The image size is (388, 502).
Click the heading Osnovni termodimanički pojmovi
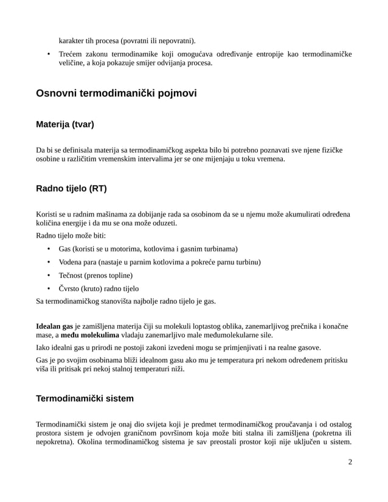[x=116, y=94]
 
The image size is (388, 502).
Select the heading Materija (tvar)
[x=65, y=125]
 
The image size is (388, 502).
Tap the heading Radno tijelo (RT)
[x=71, y=188]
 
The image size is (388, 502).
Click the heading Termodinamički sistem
[x=85, y=399]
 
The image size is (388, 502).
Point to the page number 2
[x=350, y=462]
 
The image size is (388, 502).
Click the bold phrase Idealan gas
[x=55, y=326]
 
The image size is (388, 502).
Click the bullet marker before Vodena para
[x=49, y=263]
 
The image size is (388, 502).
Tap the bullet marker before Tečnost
[x=49, y=275]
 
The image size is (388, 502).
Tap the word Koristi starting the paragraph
[x=49, y=214]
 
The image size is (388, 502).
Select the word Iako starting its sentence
[x=45, y=348]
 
